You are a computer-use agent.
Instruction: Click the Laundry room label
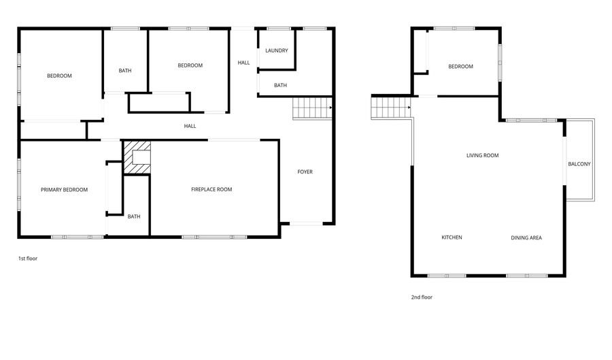pos(277,50)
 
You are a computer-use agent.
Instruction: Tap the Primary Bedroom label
pos(64,190)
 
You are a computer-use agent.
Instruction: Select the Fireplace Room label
pos(211,189)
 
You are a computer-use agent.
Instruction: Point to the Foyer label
pos(305,171)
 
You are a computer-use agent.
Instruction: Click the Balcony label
pos(579,164)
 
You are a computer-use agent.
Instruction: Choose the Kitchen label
pos(452,238)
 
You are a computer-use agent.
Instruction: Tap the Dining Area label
pos(526,238)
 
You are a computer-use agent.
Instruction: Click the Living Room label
pos(482,155)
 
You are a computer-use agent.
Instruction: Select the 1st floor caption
pos(27,259)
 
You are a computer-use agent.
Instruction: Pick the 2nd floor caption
pos(422,297)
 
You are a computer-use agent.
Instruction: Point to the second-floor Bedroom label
pos(460,66)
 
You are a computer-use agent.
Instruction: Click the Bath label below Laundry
pos(280,85)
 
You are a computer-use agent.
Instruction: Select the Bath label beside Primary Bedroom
pos(134,216)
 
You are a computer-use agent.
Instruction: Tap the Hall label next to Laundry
pos(243,63)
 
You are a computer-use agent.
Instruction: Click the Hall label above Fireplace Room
pos(190,126)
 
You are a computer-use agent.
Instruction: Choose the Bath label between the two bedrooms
pos(125,70)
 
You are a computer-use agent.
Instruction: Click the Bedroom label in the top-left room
pos(59,76)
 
